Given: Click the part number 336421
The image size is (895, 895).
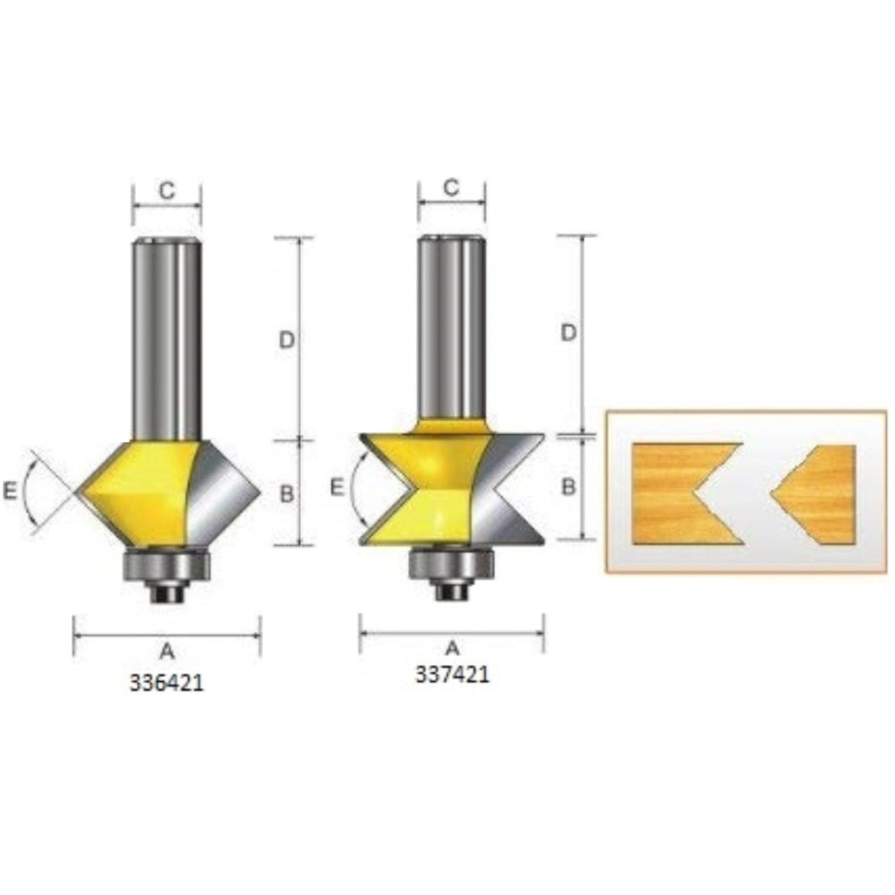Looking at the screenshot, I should click(167, 682).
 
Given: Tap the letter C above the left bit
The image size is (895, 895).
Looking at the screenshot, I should click(166, 189).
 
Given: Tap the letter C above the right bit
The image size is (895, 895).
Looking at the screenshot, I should click(452, 186).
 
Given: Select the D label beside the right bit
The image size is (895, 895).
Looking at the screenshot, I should click(567, 333).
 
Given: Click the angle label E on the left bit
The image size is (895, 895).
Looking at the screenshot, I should click(10, 490).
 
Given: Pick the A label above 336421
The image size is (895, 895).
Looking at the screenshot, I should click(167, 653).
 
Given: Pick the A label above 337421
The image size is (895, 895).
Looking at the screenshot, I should click(452, 645).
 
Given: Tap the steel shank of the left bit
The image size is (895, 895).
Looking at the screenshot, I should click(166, 340).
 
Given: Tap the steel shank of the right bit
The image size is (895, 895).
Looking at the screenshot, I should click(452, 331).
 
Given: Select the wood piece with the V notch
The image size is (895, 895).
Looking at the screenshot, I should click(676, 492).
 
